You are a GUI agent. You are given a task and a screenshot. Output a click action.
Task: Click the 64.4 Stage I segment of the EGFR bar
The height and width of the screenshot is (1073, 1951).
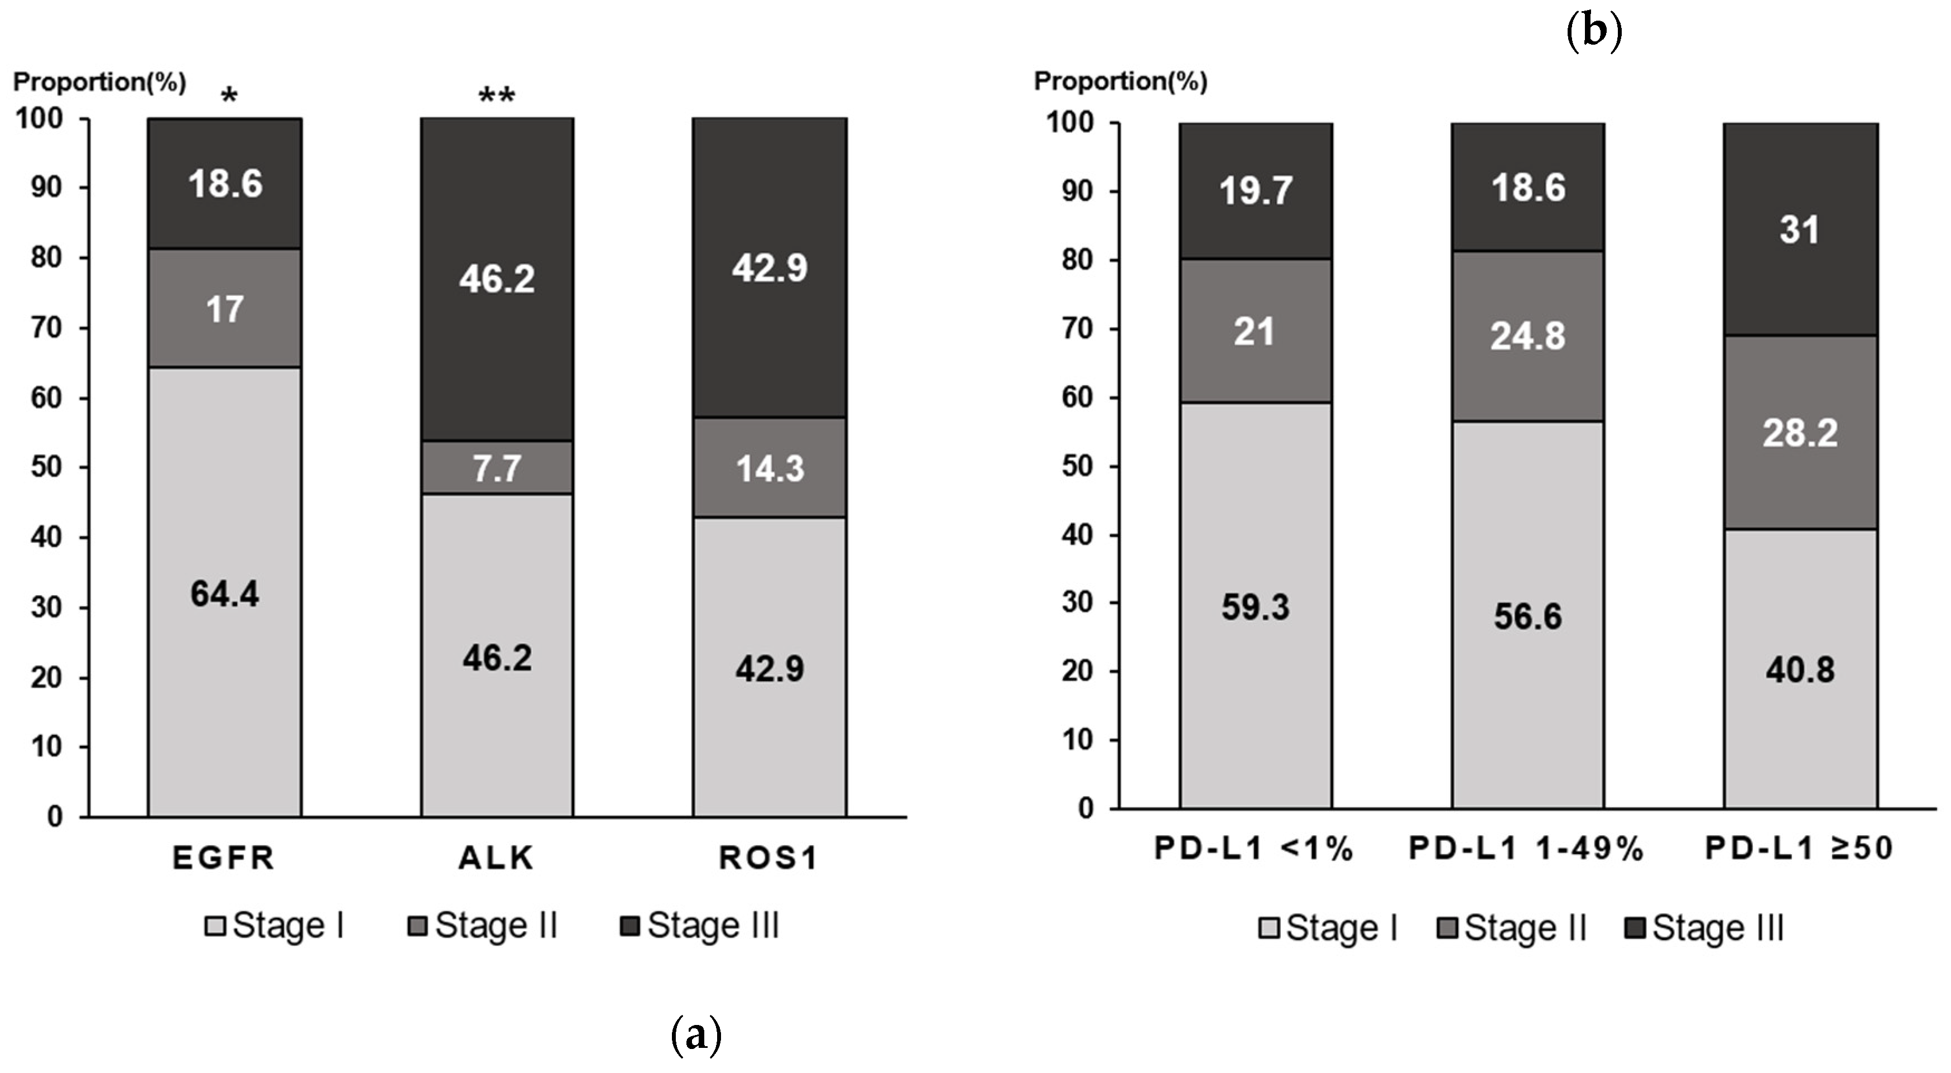coord(224,593)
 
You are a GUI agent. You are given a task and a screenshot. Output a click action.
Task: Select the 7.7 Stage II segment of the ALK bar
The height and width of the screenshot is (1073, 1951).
coord(497,468)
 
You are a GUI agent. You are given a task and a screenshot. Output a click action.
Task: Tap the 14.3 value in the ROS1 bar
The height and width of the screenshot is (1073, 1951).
coord(770,468)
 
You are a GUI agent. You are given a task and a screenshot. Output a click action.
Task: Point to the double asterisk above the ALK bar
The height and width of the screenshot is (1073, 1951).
coord(497,96)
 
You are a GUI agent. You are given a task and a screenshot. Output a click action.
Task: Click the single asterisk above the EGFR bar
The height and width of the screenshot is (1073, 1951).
coord(228,96)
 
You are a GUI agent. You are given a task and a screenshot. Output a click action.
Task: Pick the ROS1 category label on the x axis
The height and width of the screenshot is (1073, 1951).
coord(768,858)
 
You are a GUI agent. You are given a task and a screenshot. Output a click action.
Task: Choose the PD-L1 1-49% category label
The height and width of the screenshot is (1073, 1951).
coord(1526,849)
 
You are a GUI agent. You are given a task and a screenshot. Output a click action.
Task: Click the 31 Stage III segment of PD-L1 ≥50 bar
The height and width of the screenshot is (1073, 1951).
coord(1800,229)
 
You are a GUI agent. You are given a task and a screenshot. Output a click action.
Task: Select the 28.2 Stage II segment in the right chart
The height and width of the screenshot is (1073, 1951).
coord(1800,433)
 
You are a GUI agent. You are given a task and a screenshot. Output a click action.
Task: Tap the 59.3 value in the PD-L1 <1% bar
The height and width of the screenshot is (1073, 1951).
coord(1255,607)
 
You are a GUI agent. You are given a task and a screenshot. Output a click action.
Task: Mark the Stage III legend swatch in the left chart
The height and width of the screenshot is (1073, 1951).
coord(629,925)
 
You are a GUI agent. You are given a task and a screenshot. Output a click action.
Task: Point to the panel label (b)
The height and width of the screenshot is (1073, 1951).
coord(1593,32)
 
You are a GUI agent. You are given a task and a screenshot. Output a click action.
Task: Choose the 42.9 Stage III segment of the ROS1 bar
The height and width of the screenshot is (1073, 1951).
coord(770,267)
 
